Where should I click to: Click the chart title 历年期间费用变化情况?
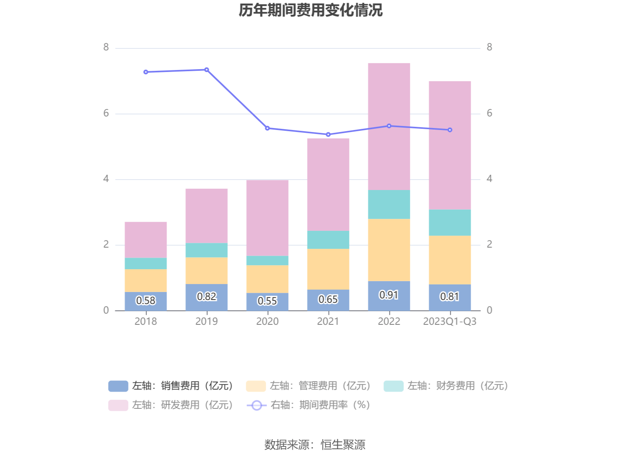point(311,10)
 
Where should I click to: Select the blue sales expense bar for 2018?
point(146,301)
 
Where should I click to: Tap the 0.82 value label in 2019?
point(207,296)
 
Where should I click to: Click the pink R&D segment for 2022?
point(389,126)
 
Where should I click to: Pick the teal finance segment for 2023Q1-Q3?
point(450,222)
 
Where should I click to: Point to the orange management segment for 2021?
point(328,269)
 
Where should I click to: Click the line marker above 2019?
point(207,70)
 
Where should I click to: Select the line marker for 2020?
point(267,128)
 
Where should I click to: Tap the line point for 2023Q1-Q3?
point(450,130)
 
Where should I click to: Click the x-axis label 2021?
point(328,322)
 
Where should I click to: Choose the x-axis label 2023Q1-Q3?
point(450,322)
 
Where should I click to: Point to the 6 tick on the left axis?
point(106,113)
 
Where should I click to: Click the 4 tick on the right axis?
point(489,179)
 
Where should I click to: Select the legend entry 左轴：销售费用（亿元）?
point(171,386)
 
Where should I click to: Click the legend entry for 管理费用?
point(309,386)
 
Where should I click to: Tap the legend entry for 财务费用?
point(446,386)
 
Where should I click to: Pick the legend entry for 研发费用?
point(171,405)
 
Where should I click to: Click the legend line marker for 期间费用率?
point(257,405)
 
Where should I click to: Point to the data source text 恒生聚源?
point(343,445)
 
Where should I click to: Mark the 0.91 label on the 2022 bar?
point(389,295)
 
